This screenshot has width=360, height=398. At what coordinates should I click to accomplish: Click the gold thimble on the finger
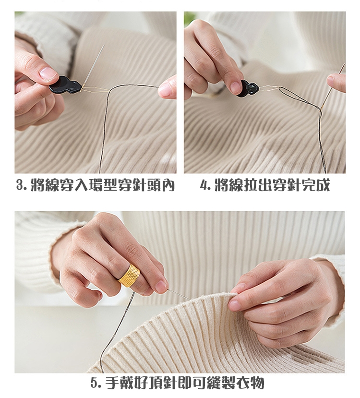(129, 275)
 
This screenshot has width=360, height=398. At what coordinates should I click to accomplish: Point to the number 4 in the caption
(204, 185)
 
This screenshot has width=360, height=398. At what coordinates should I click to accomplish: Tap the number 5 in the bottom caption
(94, 383)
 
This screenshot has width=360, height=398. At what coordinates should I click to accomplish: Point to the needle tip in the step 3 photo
(105, 45)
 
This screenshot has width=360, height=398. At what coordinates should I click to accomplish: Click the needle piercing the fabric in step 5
(180, 295)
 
